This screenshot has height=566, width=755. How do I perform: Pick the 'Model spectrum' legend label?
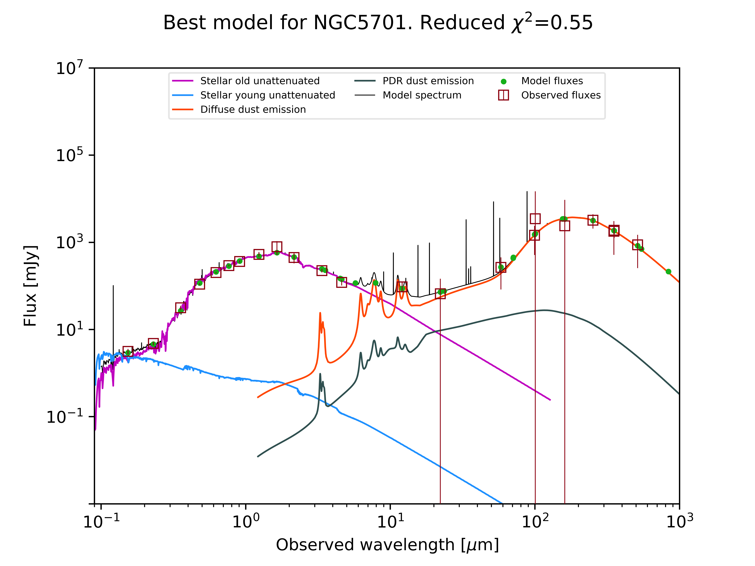422,95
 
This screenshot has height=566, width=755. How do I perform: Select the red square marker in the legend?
503,95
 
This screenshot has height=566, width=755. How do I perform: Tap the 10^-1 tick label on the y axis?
65,416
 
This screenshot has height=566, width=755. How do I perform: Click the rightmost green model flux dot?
668,272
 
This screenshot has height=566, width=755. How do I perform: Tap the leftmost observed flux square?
128,351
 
